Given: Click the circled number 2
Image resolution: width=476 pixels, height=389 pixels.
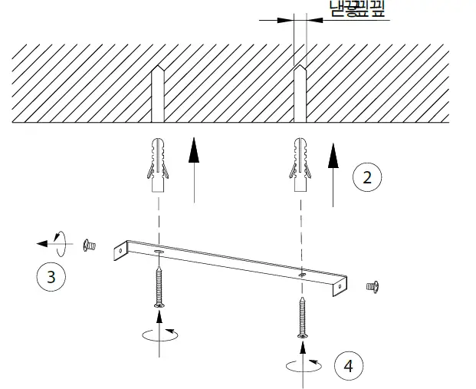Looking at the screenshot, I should pos(367,177).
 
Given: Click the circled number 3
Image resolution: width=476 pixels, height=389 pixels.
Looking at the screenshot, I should pos(51,276).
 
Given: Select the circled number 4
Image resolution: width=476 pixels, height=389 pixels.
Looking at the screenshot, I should pos(349,366).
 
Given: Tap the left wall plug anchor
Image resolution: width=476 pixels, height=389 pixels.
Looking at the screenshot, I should pos(159,165).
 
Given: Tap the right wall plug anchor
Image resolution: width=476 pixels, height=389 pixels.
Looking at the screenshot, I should pos(300,165).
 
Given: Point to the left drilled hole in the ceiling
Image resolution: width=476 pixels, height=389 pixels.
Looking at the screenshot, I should pos(158,96).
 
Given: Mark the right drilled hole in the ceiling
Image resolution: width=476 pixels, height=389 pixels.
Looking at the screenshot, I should pos(300,96).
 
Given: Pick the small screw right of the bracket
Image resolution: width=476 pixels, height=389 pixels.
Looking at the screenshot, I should pos(374,286).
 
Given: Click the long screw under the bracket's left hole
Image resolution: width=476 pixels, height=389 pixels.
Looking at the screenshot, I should pos(159,288).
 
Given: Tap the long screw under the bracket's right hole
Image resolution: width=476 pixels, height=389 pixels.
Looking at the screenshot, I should pos(301,317).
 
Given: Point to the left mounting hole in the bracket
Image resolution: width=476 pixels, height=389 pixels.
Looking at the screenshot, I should pos(158,252).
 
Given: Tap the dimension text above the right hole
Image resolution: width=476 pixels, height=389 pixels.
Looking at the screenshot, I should pos(356,9).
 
